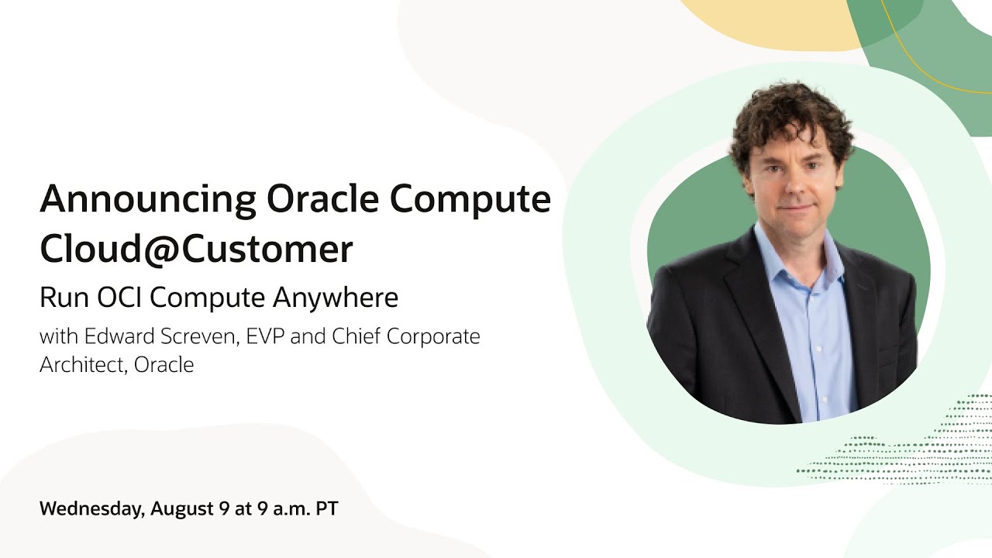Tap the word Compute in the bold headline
[x=470, y=201]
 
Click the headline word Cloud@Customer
[x=196, y=249]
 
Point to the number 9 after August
[x=224, y=509]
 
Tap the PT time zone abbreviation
[x=326, y=509]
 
